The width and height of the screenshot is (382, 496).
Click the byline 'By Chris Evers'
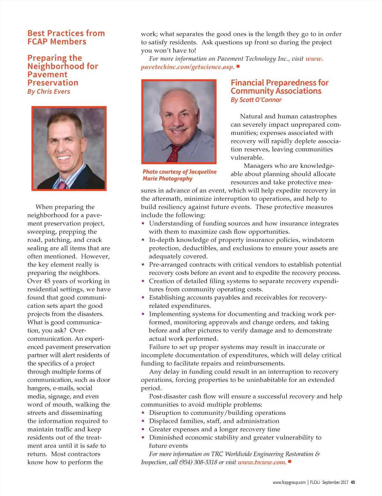[x=49, y=92]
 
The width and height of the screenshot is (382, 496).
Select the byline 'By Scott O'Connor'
[x=256, y=100]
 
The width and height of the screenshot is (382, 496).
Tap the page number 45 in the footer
[x=353, y=482]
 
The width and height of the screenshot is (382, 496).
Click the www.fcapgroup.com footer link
[x=289, y=482]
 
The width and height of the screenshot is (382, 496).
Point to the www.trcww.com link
[x=262, y=462]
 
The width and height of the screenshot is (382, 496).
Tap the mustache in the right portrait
[x=178, y=129]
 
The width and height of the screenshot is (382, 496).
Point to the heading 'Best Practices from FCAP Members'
[x=66, y=38]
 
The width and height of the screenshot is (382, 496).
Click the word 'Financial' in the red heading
[x=247, y=83]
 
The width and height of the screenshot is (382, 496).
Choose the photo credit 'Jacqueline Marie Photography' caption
[x=180, y=175]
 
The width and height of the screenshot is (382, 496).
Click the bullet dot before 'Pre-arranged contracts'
[x=143, y=265]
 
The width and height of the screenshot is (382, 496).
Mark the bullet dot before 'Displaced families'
[x=143, y=421]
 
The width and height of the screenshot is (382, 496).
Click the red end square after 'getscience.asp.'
[x=238, y=67]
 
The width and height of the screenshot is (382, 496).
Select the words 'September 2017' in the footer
[x=335, y=482]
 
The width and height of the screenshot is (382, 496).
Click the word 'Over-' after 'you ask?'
[x=78, y=330]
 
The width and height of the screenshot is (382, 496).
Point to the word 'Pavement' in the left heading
[x=47, y=75]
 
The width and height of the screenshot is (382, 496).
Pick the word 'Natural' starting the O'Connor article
[x=251, y=117]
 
